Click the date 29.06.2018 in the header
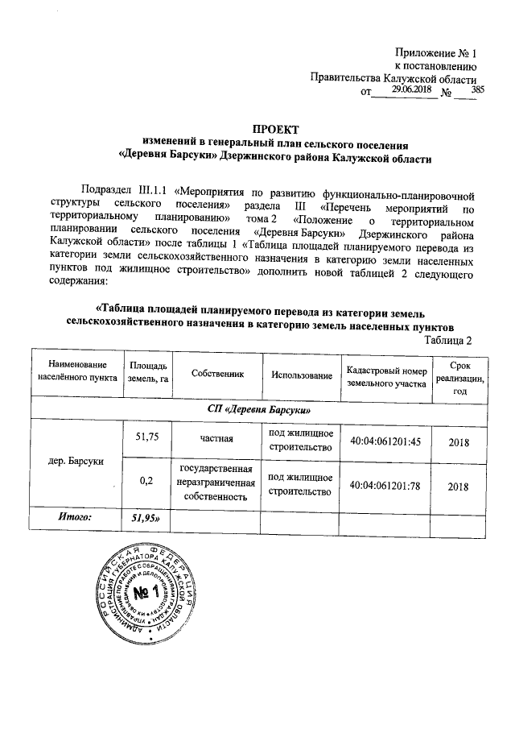[x=411, y=90]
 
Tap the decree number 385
[x=478, y=90]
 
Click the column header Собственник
[x=217, y=375]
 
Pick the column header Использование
[x=300, y=376]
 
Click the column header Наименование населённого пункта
[x=75, y=375]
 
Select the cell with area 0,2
[x=147, y=482]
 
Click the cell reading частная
[x=217, y=441]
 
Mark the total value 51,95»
[x=148, y=518]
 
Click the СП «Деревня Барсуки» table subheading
[x=257, y=409]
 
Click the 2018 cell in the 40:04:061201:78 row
[x=458, y=486]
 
